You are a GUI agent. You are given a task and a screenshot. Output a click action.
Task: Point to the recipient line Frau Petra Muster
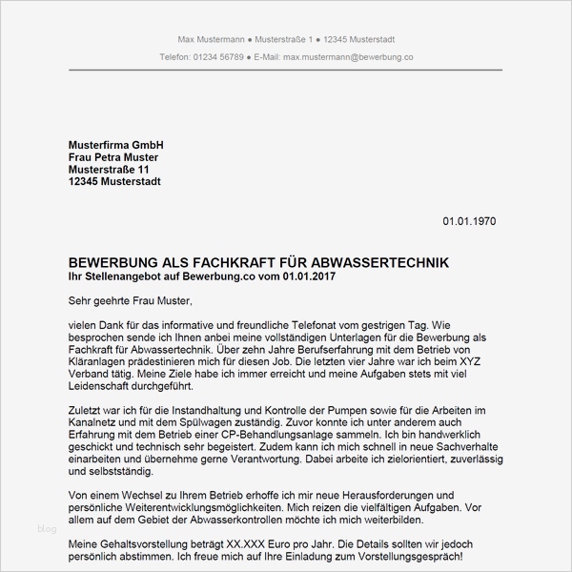pyautogui.click(x=113, y=157)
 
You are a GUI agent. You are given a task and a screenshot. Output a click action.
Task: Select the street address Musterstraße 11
pyautogui.click(x=109, y=170)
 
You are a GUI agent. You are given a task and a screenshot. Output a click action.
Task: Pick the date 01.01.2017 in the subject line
pyautogui.click(x=307, y=276)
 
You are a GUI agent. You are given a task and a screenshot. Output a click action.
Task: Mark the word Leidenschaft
pyautogui.click(x=106, y=387)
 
